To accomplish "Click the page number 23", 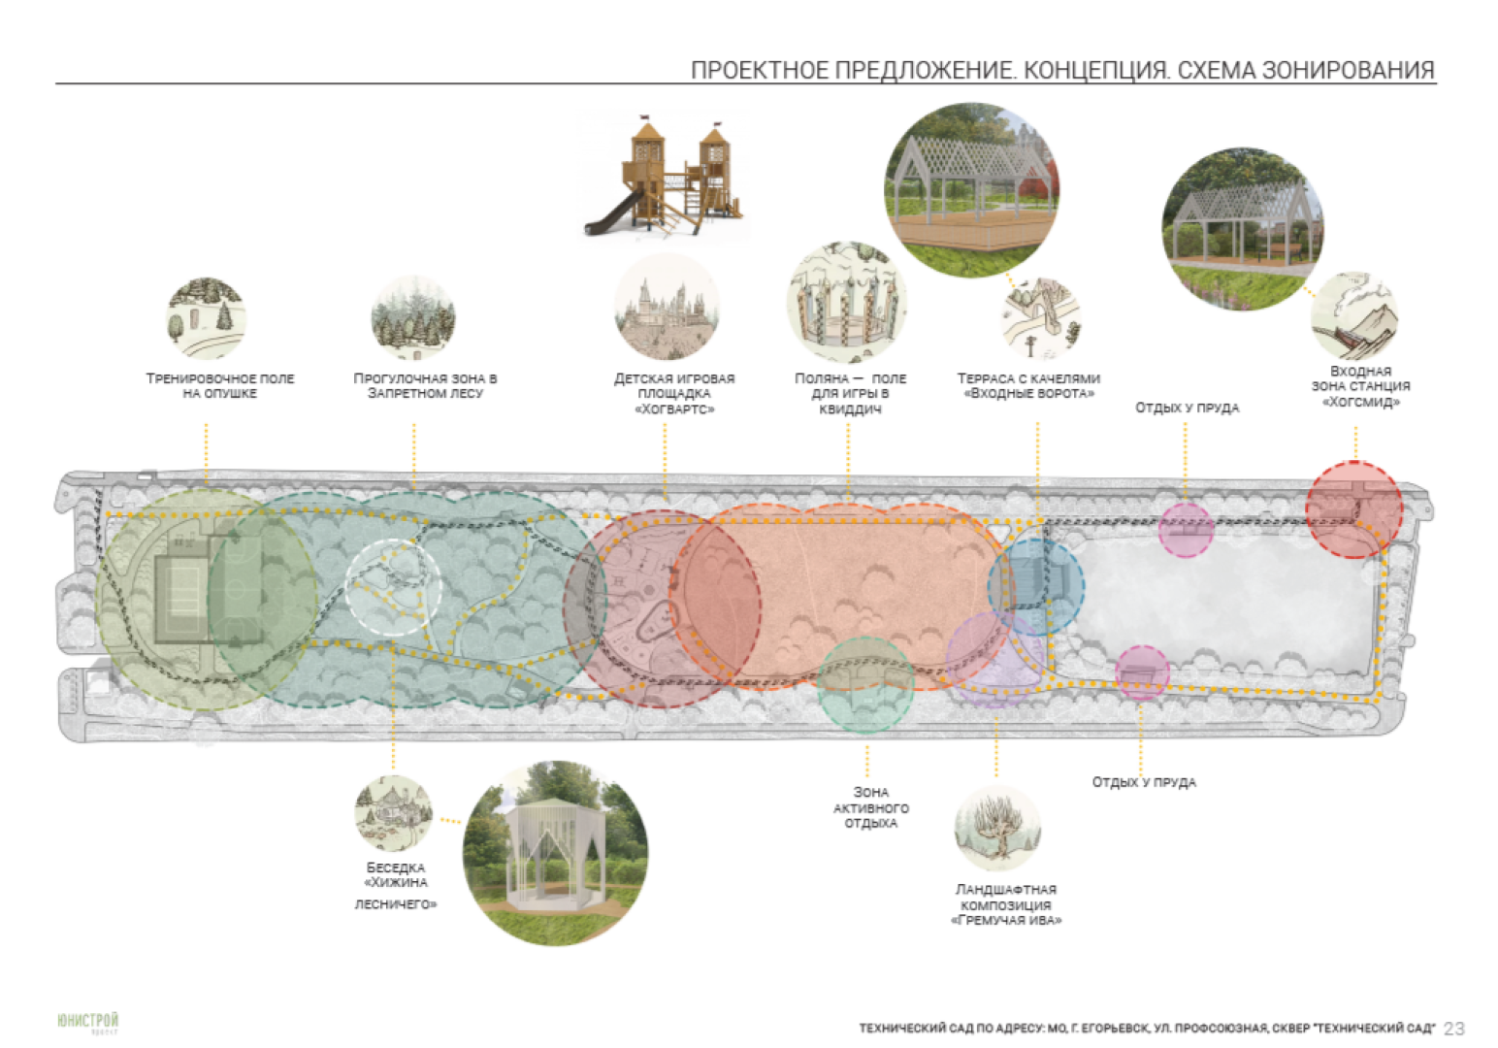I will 1453,1029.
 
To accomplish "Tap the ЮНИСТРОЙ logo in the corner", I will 87,1022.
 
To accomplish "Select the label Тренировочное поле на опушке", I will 220,385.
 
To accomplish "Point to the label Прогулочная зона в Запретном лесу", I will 425,385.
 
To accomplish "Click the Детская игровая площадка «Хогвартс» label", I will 674,393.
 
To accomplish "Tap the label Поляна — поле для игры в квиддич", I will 850,393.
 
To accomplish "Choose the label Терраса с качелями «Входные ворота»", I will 1028,385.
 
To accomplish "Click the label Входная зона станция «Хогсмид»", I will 1360,386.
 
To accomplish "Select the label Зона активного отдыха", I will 870,807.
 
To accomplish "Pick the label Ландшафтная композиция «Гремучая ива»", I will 1006,904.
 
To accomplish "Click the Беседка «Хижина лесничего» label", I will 396,884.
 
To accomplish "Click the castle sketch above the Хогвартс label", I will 668,308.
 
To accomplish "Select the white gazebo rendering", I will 555,852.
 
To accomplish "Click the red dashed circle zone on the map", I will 1353,509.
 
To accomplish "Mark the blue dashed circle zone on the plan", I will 1035,586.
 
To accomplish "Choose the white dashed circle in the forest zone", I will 393,587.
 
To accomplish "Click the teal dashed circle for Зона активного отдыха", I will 865,684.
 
